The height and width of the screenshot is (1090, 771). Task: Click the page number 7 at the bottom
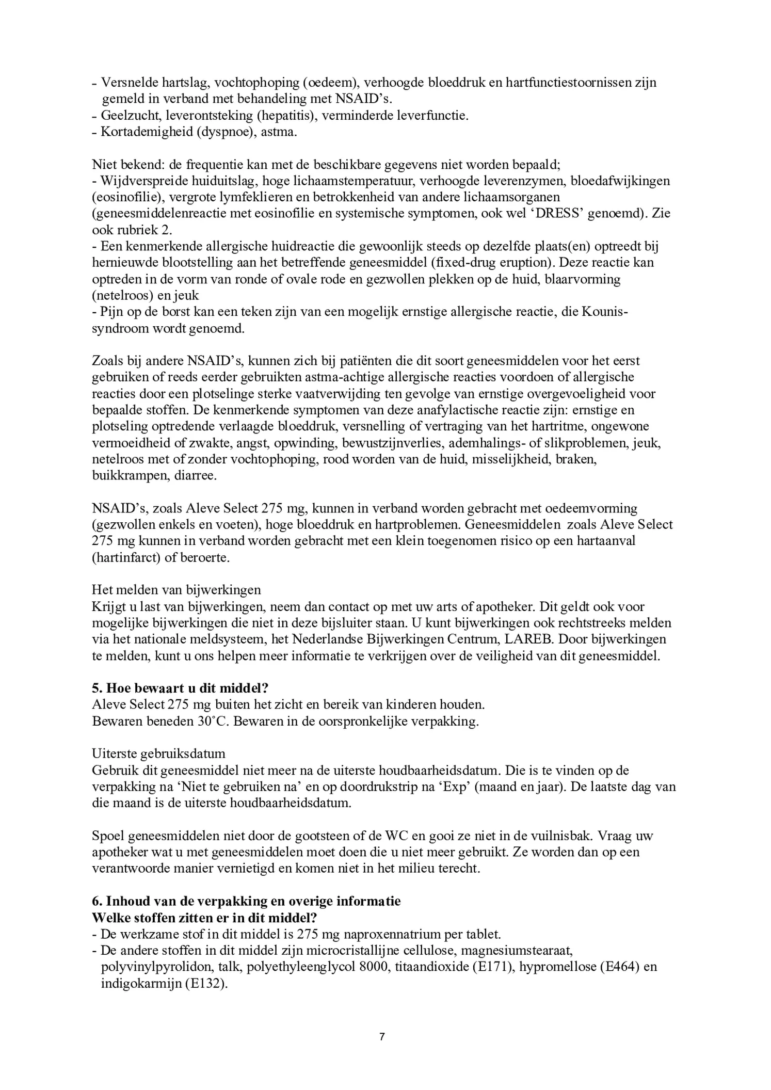click(381, 1036)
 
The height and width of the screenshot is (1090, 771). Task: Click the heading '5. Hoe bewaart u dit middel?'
click(180, 688)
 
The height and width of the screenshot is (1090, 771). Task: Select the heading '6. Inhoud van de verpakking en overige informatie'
click(246, 901)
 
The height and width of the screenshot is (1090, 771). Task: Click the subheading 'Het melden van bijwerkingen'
click(176, 589)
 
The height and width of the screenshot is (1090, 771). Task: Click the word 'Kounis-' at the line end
click(605, 312)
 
